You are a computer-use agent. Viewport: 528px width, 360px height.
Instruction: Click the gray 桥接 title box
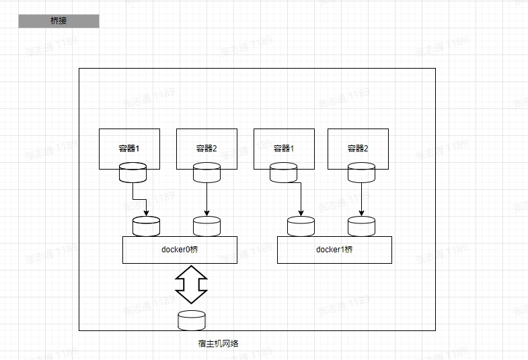pos(59,22)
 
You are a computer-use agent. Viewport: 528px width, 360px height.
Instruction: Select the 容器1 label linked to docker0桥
pos(129,148)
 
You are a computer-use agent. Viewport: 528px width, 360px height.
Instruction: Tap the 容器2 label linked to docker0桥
pos(206,148)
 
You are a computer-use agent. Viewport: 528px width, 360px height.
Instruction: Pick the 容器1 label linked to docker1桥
pos(284,148)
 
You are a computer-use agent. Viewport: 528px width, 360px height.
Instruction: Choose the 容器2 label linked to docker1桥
pos(358,148)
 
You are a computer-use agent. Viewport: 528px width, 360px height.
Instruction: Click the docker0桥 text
pos(180,250)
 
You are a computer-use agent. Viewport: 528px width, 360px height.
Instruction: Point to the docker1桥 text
pos(334,250)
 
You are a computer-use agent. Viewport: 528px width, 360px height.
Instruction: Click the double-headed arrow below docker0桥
pos(191,284)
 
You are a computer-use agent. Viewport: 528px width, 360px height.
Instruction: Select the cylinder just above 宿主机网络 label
pos(192,320)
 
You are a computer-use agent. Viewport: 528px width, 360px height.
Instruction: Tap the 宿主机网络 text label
pos(218,343)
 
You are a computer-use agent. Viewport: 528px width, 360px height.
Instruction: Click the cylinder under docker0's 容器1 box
pos(133,173)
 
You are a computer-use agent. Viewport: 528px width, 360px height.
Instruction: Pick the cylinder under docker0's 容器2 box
pos(206,173)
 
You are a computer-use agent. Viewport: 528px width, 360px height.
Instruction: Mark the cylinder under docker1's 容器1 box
pos(283,173)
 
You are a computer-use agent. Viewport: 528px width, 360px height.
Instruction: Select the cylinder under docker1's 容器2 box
pos(361,173)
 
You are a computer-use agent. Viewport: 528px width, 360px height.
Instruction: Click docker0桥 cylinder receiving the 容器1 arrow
pos(146,225)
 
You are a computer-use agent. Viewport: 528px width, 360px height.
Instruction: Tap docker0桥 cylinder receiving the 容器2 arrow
pos(206,225)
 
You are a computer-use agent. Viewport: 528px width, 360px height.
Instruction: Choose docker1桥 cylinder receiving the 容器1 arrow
pos(301,225)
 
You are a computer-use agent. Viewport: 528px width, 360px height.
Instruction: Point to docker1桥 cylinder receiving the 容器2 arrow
pos(361,225)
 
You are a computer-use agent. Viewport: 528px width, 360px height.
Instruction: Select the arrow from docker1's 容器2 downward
pos(361,199)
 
